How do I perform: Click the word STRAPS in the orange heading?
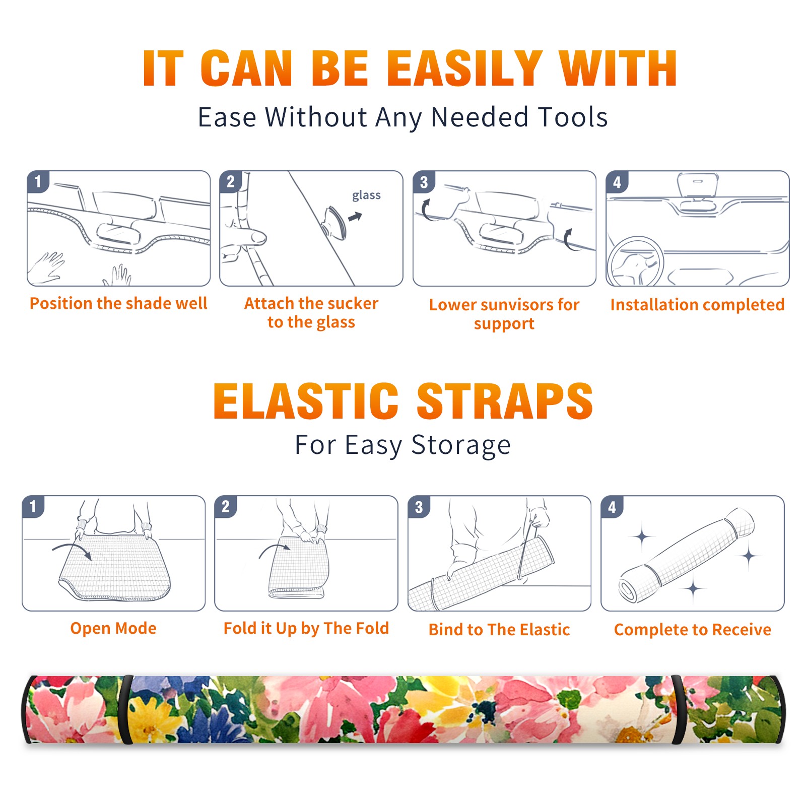(505, 401)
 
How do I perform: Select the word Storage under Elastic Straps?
(461, 445)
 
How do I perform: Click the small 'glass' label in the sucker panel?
(366, 195)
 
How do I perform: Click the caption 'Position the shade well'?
(118, 303)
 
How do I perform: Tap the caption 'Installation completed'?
(697, 305)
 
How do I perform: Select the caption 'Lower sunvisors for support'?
(504, 314)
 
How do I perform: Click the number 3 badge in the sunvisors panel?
(424, 182)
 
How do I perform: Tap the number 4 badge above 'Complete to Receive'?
(612, 507)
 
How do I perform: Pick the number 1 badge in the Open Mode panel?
(33, 507)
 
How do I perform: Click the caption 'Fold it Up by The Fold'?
(306, 628)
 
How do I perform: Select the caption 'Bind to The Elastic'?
(499, 630)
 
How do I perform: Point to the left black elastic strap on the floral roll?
(126, 710)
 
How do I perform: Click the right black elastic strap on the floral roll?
(679, 710)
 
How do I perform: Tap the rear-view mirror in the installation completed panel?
(698, 185)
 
